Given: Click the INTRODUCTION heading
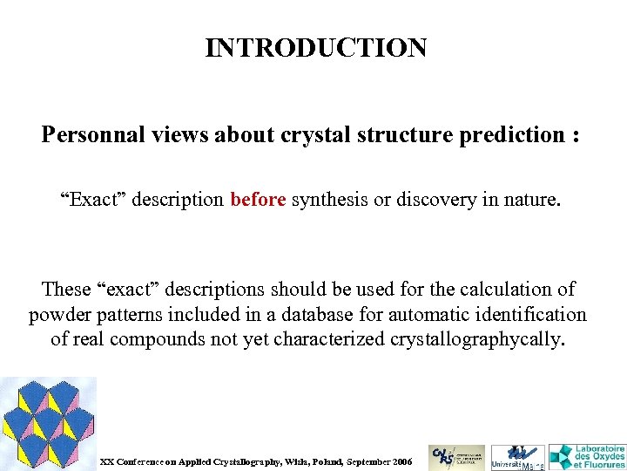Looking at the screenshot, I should tap(316, 47).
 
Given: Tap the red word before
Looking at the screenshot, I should tap(258, 200).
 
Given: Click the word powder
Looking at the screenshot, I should tap(59, 314).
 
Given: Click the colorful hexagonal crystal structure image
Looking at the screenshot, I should tap(47, 423).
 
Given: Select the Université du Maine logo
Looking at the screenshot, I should tap(517, 457).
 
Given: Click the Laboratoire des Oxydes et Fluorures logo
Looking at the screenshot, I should tap(587, 456).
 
